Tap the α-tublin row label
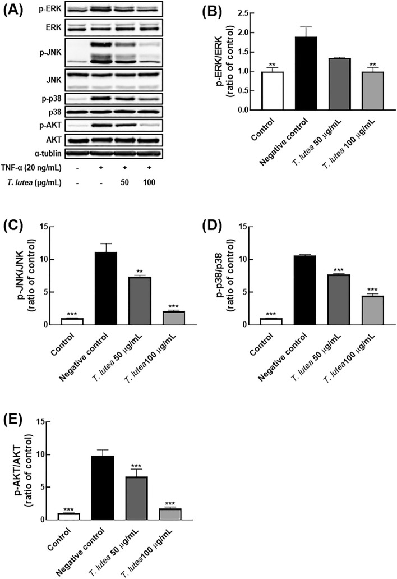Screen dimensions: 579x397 [44, 151]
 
